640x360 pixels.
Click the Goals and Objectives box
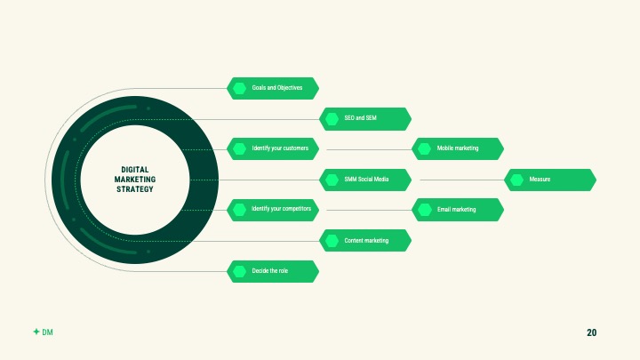[273, 88]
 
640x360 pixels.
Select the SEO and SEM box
[365, 119]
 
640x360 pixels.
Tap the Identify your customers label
[280, 148]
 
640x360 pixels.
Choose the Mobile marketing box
[458, 149]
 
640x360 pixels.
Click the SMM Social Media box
[365, 180]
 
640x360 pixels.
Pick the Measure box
[550, 180]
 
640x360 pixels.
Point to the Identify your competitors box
[273, 210]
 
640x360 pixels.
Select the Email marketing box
[458, 210]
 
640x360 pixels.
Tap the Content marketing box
[365, 240]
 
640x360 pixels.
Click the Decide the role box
[273, 271]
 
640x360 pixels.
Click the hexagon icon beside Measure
[516, 180]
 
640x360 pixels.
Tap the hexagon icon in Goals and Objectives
[239, 88]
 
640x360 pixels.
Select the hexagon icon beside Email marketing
[425, 210]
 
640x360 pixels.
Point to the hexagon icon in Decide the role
[239, 271]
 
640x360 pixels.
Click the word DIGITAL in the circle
[135, 170]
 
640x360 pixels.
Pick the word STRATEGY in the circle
[135, 189]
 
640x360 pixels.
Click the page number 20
[591, 332]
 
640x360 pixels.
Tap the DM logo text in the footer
[47, 332]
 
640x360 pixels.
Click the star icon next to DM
[36, 332]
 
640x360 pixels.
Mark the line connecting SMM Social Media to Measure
[462, 180]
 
